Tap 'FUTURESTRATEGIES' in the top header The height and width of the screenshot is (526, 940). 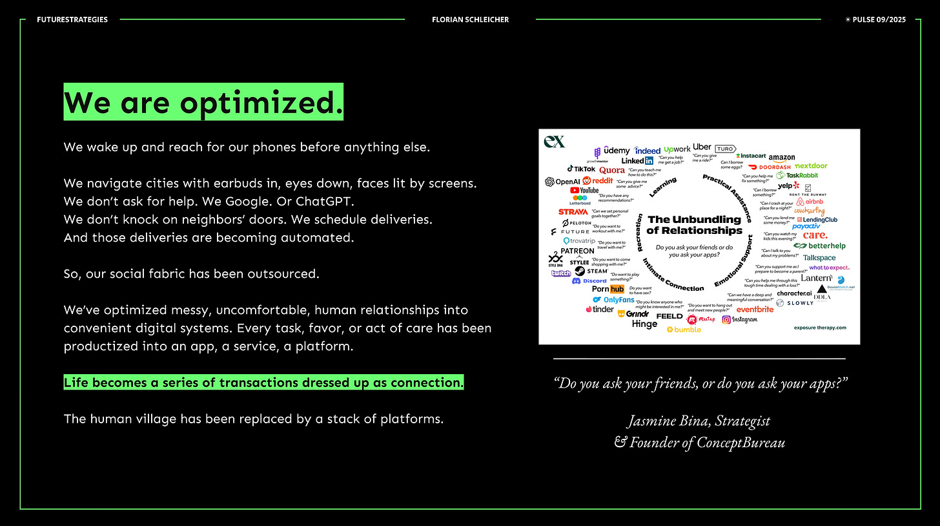(x=72, y=19)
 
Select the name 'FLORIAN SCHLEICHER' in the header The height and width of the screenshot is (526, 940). (x=470, y=19)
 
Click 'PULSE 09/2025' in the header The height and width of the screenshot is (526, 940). (x=879, y=19)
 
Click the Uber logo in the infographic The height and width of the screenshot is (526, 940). (x=702, y=147)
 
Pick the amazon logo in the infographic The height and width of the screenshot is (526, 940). (x=781, y=158)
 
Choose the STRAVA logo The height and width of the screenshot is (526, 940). (x=573, y=212)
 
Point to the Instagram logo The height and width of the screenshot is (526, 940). (x=739, y=319)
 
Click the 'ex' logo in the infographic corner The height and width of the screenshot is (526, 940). (x=554, y=141)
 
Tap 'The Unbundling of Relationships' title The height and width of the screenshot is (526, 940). (x=694, y=225)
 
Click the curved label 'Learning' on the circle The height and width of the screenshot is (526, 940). (x=662, y=187)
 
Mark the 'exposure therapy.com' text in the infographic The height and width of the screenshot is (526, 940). (x=819, y=328)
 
